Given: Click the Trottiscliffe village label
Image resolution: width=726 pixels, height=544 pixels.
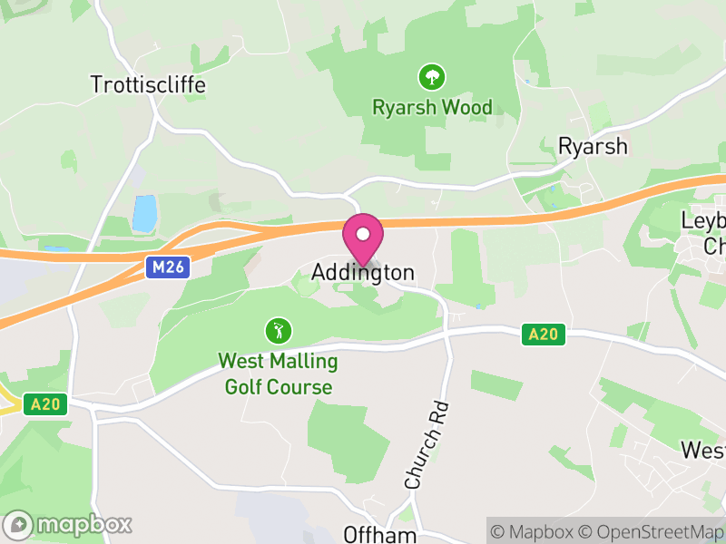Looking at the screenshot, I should [x=148, y=85].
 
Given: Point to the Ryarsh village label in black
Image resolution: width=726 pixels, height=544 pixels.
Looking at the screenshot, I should [x=593, y=146].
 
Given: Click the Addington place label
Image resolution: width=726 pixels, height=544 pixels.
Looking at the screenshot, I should [x=363, y=272].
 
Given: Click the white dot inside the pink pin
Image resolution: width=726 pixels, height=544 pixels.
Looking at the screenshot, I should [x=363, y=234].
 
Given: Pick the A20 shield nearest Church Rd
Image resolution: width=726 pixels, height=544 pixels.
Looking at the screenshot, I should [x=543, y=335].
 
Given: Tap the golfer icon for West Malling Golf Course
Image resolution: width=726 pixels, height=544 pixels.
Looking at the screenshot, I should [x=278, y=330].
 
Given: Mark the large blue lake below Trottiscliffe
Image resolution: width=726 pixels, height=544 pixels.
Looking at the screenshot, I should [x=144, y=214].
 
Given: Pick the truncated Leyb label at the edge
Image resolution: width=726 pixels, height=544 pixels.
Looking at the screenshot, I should [x=704, y=221].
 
